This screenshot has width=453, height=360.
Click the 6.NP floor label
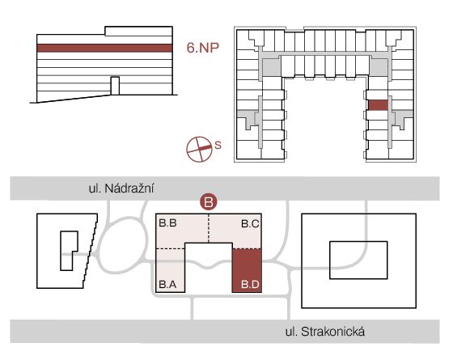tap(203, 48)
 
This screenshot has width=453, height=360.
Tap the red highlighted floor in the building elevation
tap(104, 48)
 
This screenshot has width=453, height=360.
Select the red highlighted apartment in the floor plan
tap(379, 105)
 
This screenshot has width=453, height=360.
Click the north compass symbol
tap(199, 149)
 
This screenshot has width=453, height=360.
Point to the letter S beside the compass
tap(218, 145)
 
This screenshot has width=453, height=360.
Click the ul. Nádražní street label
tap(121, 188)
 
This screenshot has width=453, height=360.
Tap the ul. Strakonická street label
tap(324, 332)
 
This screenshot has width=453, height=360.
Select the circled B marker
tap(209, 201)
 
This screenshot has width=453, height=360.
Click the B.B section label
tap(168, 223)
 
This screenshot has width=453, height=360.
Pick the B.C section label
tap(250, 223)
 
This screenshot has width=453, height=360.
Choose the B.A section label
tap(167, 285)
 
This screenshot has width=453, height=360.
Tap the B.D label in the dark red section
tap(250, 285)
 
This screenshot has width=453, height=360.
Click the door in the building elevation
tap(115, 86)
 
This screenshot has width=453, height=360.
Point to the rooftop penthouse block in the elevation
tap(138, 31)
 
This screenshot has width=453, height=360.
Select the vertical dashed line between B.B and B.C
tap(209, 228)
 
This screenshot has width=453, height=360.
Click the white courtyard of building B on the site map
tap(209, 267)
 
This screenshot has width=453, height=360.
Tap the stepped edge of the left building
tap(90, 251)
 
